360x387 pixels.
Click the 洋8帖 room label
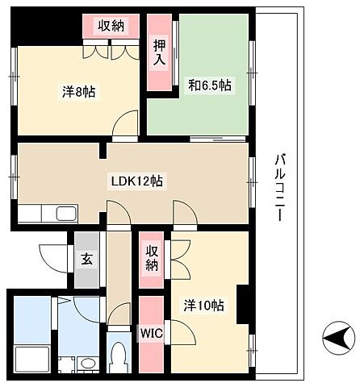tap(79, 92)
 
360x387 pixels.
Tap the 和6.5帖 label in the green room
tap(210, 85)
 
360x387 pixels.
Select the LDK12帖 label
tap(137, 181)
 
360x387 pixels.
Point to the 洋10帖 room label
tap(203, 306)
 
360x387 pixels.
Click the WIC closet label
tap(152, 334)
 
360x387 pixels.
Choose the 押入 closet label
tap(159, 52)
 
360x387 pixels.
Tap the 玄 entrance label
tap(87, 260)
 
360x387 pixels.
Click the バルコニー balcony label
tap(280, 187)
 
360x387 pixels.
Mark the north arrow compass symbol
tap(337, 338)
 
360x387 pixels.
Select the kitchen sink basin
tap(66, 214)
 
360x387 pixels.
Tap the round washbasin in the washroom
tap(88, 364)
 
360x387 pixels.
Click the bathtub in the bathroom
tap(32, 359)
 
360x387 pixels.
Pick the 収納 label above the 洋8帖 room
tap(111, 26)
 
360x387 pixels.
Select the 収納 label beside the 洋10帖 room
tap(152, 258)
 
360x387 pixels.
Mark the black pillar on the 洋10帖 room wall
tap(242, 304)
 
